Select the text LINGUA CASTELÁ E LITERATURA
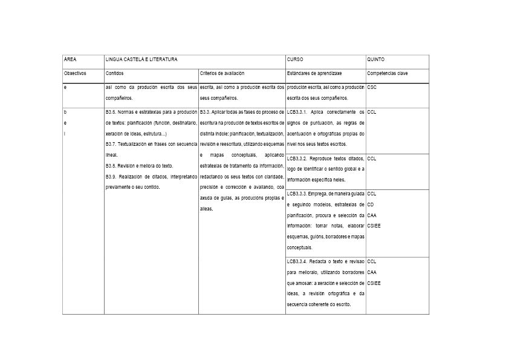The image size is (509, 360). tap(141, 60)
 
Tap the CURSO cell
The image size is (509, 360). tap(295, 60)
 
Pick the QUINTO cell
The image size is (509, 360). tap(375, 60)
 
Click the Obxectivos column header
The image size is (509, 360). tap(76, 73)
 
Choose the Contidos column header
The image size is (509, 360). tap(115, 73)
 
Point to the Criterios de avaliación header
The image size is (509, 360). tap(222, 73)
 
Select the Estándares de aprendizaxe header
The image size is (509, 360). tap(310, 73)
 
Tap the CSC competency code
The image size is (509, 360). tap(372, 88)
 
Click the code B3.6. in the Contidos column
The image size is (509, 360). tap(112, 112)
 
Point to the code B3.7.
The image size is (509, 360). tap(112, 144)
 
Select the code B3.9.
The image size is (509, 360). tap(112, 176)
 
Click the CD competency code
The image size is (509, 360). tap(371, 205)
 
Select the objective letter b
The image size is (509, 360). tap(65, 112)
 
